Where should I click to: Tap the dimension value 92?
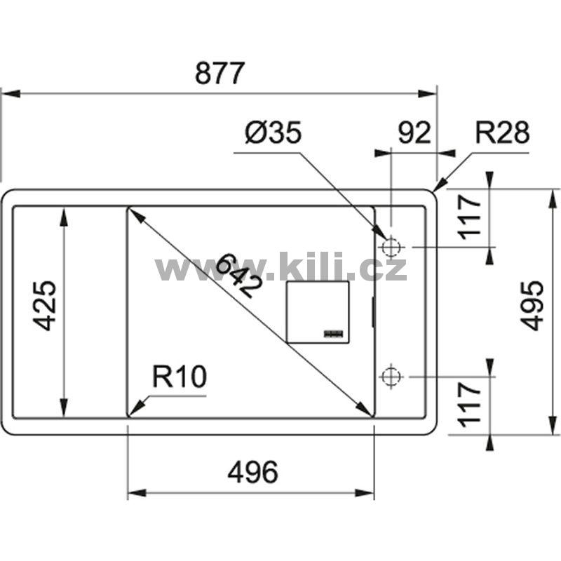414,133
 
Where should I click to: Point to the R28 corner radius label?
502,133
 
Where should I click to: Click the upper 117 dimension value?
470,217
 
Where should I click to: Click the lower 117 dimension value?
470,403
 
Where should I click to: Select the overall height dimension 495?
533,306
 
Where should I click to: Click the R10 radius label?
180,379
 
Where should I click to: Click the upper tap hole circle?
391,248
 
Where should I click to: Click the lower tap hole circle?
391,377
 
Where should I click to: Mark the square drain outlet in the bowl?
318,312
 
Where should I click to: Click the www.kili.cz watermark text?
280,267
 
